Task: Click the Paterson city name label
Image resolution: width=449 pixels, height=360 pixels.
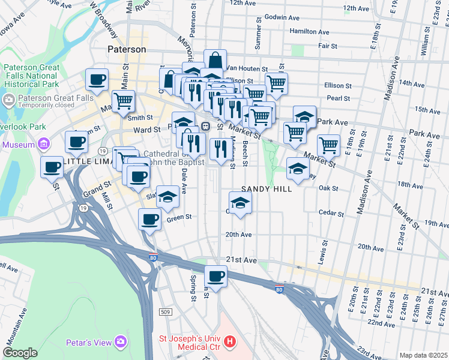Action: point(127,49)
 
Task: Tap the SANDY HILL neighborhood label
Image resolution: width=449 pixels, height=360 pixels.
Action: point(267,189)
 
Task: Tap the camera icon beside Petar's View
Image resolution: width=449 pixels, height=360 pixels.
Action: point(121,341)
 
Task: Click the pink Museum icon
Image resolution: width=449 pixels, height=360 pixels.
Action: point(43,144)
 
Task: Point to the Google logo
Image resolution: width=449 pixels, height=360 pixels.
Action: point(20,353)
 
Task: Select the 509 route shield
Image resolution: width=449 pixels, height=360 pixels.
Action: point(166,312)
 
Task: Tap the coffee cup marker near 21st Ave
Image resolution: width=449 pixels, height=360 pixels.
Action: point(215,277)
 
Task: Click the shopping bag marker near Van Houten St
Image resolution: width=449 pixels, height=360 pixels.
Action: point(215,60)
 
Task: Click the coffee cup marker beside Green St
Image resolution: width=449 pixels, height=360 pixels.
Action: point(149,219)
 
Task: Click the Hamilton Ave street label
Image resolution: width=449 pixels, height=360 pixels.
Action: point(309,32)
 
